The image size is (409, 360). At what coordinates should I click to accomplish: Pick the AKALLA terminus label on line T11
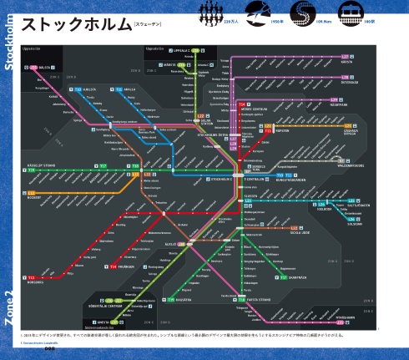[129, 89]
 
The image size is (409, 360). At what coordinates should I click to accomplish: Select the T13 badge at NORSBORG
[31, 276]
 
